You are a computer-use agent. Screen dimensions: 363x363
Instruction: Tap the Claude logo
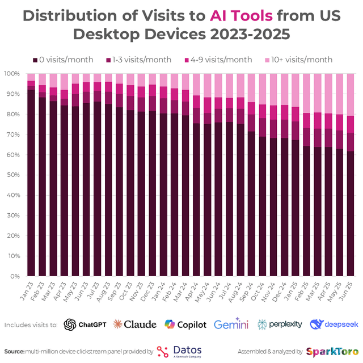point(134,324)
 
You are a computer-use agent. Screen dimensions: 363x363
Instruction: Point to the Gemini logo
point(231,324)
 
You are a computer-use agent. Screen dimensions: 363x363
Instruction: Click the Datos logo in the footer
point(180,351)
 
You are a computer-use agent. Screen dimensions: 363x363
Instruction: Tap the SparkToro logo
point(332,351)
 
